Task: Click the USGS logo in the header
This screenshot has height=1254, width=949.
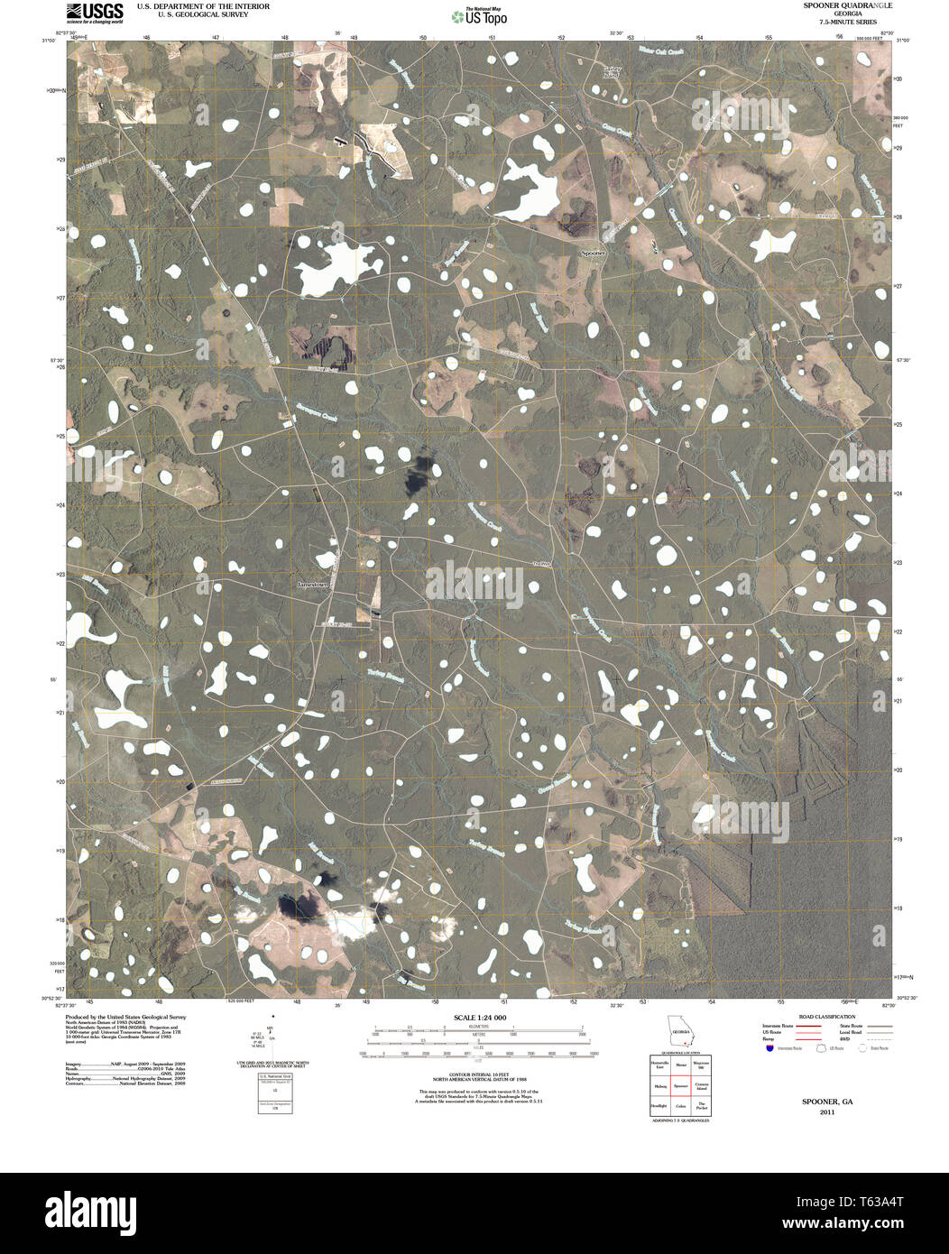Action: tap(94, 11)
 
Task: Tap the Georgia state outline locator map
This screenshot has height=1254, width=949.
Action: tap(678, 1030)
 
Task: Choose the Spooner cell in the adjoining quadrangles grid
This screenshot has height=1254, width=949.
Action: tap(680, 1086)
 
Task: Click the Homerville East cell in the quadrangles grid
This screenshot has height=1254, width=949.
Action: tap(659, 1065)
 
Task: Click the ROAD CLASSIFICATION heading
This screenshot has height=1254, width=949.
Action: tap(820, 1017)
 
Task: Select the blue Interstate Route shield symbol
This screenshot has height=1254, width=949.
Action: tap(769, 1048)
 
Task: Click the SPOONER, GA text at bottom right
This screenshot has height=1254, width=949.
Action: tap(827, 1102)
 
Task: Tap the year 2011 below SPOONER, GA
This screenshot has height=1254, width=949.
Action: tap(827, 1111)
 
